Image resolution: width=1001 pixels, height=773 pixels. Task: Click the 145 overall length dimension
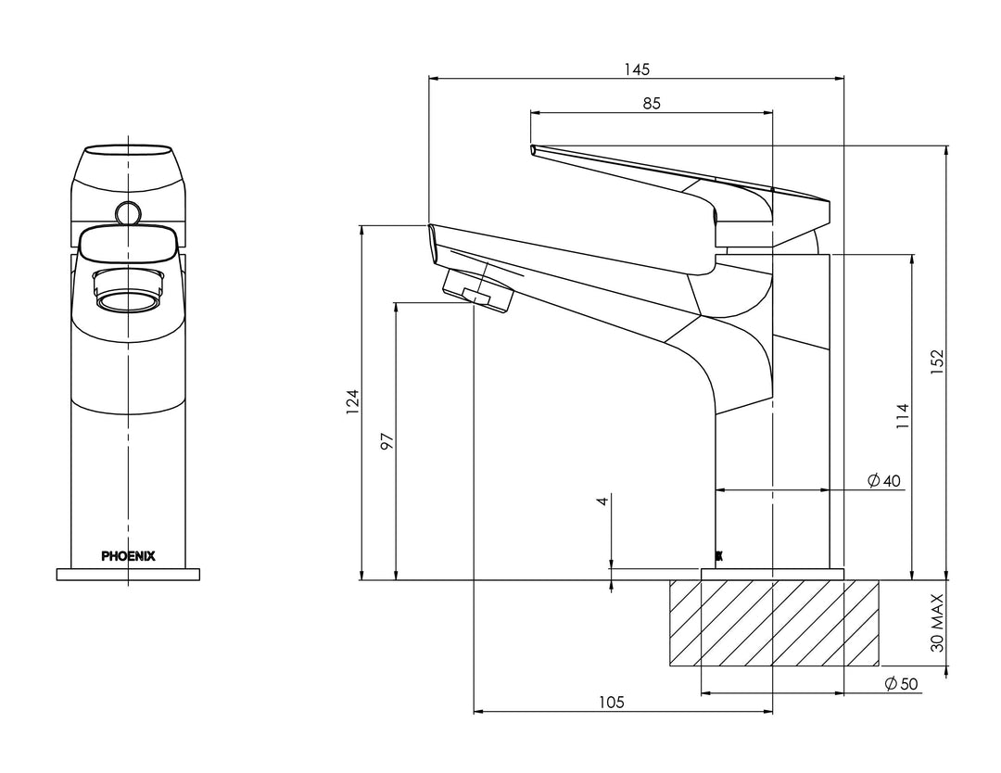point(637,69)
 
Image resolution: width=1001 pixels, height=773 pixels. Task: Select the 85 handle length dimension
point(651,103)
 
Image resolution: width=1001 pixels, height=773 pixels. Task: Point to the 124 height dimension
point(352,402)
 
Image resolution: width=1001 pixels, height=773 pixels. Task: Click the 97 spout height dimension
point(387,440)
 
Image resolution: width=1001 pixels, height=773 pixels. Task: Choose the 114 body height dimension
point(902,416)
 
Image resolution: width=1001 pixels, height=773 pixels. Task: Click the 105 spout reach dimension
point(610,703)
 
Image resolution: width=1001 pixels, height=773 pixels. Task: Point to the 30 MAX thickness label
point(936,623)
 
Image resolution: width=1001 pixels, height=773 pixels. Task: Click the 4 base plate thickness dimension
point(602,501)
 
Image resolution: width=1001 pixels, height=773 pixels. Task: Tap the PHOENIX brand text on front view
point(128,556)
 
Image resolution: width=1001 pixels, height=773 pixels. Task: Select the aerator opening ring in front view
point(128,299)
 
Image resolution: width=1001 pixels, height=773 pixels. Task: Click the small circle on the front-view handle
point(128,213)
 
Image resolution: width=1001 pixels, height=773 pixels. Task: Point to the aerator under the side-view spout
point(477,290)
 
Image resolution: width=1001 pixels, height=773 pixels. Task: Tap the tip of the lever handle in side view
point(533,149)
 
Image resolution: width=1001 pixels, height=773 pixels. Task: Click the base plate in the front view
point(128,575)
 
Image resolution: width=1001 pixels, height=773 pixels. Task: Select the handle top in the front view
point(128,154)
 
